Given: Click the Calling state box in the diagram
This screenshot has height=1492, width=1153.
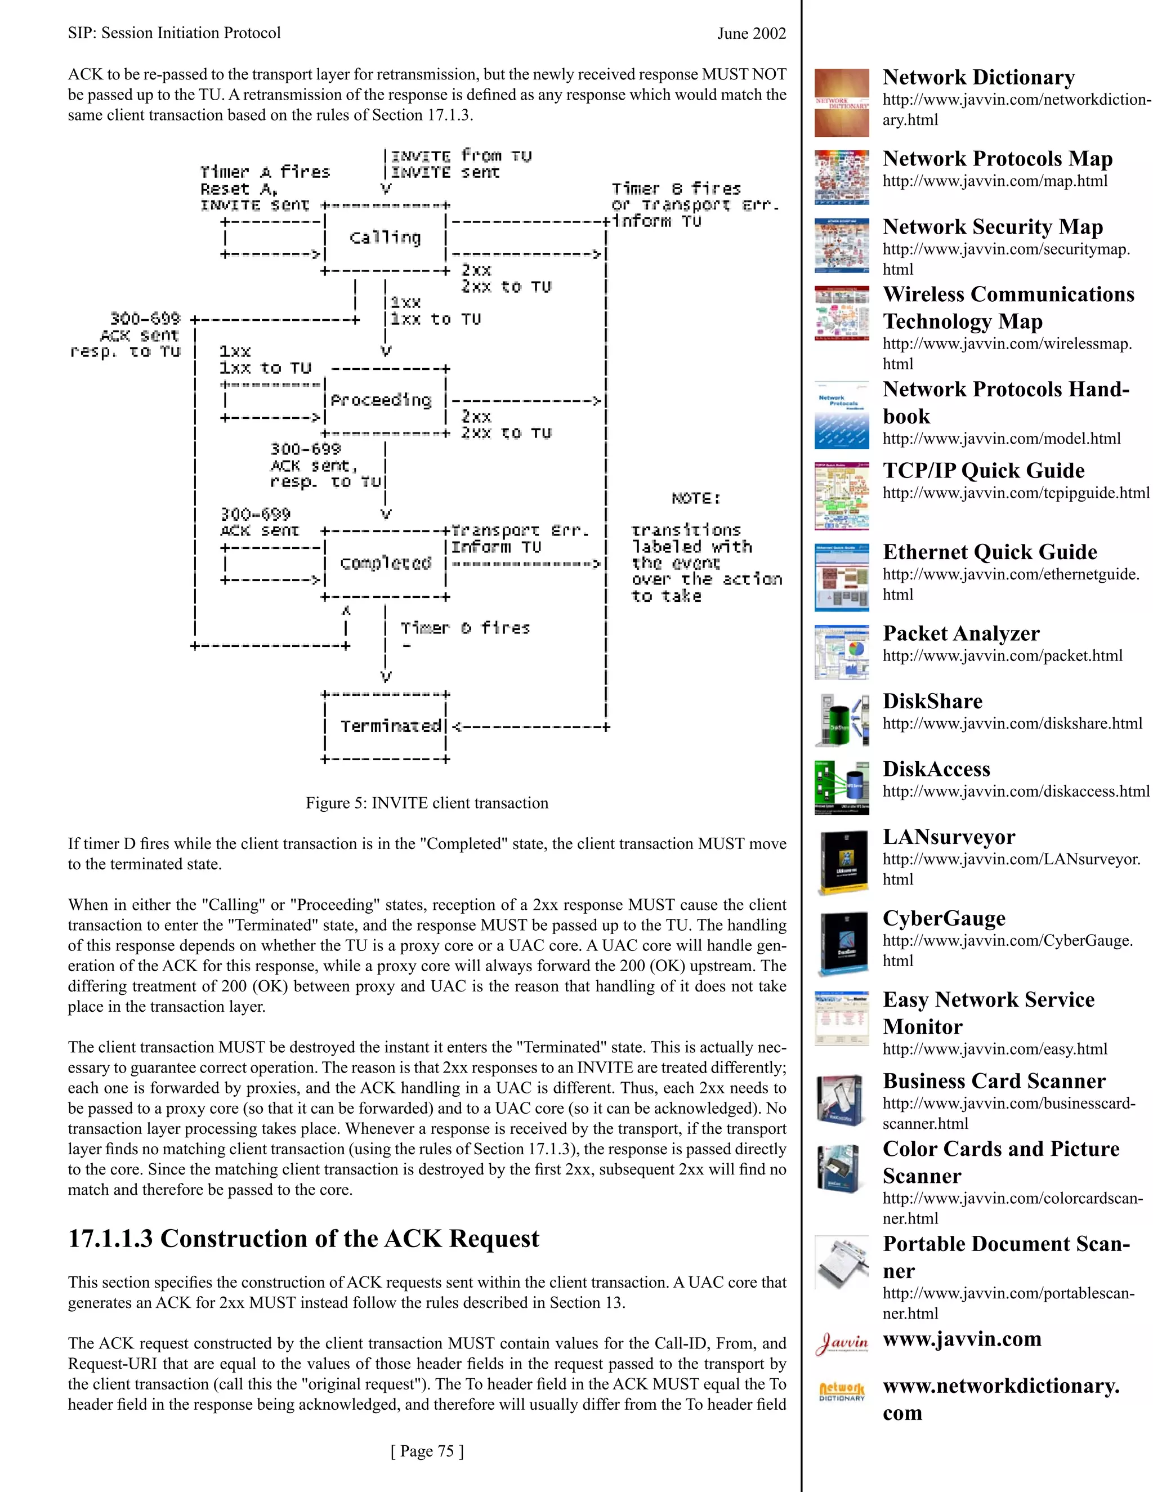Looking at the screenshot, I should pos(385,238).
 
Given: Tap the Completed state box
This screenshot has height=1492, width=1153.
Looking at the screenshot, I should pos(385,564).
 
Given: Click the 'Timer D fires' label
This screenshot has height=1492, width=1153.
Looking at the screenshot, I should pos(464,628).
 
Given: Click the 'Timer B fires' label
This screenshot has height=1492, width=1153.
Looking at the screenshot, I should pos(676,189).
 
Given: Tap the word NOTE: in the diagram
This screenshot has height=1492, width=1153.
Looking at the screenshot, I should pos(695,498).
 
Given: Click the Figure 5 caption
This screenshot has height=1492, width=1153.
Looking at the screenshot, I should pos(427,803).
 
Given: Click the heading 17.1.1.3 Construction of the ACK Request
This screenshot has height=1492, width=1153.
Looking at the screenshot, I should pos(303,1239).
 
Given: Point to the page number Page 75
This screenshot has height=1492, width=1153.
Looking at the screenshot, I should pos(427,1450).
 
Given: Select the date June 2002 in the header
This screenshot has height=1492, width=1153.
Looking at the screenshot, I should pos(752,33).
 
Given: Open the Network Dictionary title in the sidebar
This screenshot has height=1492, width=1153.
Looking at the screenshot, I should pos(978,77).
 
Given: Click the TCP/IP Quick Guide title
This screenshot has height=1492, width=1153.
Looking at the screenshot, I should pos(983,470).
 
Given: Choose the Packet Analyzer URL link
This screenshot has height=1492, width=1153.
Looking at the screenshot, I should pos(1002,655).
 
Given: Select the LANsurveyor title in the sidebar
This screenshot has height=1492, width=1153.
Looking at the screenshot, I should pos(948,836).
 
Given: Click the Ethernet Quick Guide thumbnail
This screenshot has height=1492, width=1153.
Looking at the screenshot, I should pos(842,577).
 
